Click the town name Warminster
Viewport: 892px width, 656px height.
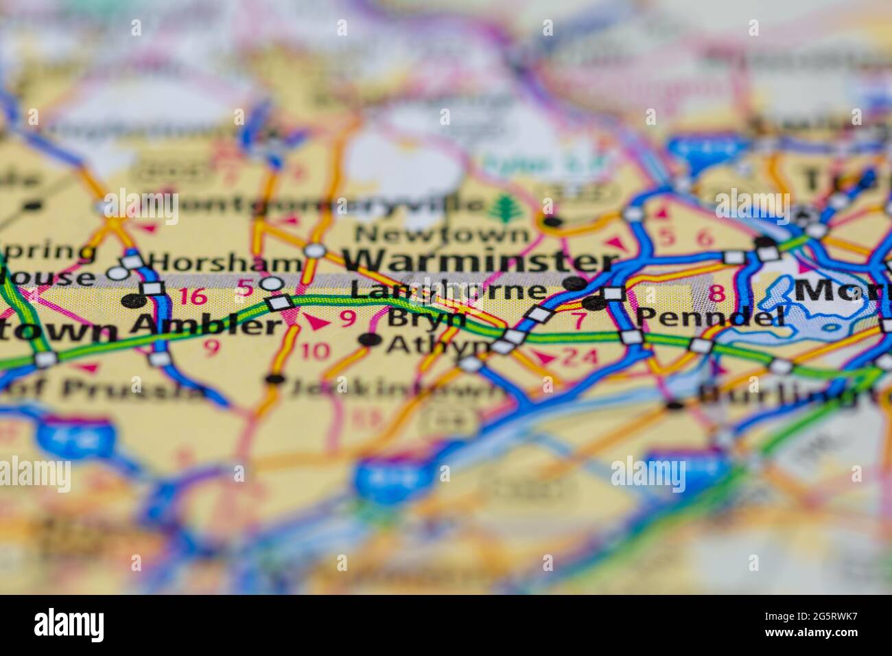(x=480, y=261)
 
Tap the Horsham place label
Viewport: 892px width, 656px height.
(x=226, y=261)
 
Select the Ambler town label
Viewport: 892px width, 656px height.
(x=206, y=323)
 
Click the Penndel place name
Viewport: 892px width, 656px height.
(x=710, y=317)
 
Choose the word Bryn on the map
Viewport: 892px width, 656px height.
(x=426, y=318)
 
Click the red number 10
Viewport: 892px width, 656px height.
(x=315, y=351)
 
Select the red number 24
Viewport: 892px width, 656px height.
(x=579, y=357)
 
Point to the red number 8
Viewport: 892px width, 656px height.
(x=716, y=294)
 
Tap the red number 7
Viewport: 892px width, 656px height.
(x=578, y=320)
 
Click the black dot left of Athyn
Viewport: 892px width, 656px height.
(x=371, y=339)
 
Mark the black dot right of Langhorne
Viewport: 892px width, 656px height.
(x=575, y=283)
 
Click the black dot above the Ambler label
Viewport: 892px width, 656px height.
(x=135, y=301)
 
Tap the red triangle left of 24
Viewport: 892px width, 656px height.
(x=544, y=358)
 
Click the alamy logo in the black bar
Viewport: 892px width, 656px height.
(x=69, y=625)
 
